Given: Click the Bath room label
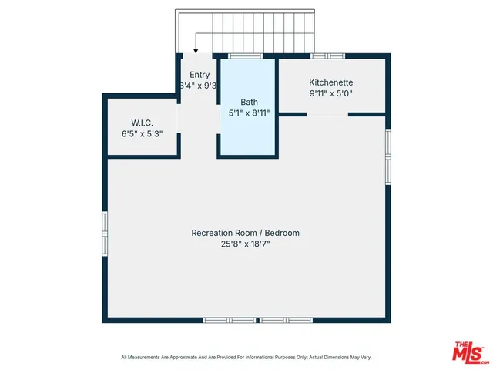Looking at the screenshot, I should [x=249, y=101].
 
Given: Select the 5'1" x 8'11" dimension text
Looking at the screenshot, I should [x=249, y=113].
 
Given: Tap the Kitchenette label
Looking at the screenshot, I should [x=331, y=82].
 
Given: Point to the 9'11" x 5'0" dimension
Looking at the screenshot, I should [x=331, y=93].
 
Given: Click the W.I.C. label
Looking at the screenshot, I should [x=143, y=123].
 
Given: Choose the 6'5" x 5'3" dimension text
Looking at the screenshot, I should [x=143, y=134].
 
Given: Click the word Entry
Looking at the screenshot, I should [x=200, y=75].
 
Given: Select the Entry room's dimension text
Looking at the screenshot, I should [x=198, y=86].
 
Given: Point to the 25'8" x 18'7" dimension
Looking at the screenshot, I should [x=245, y=244].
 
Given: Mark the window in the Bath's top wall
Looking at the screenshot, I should [x=245, y=55].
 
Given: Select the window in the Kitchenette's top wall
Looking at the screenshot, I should [x=327, y=55].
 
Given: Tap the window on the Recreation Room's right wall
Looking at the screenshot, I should [x=388, y=147].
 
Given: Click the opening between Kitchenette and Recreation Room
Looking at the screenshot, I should [x=327, y=115].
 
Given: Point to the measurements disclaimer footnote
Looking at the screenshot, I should [x=245, y=357].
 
